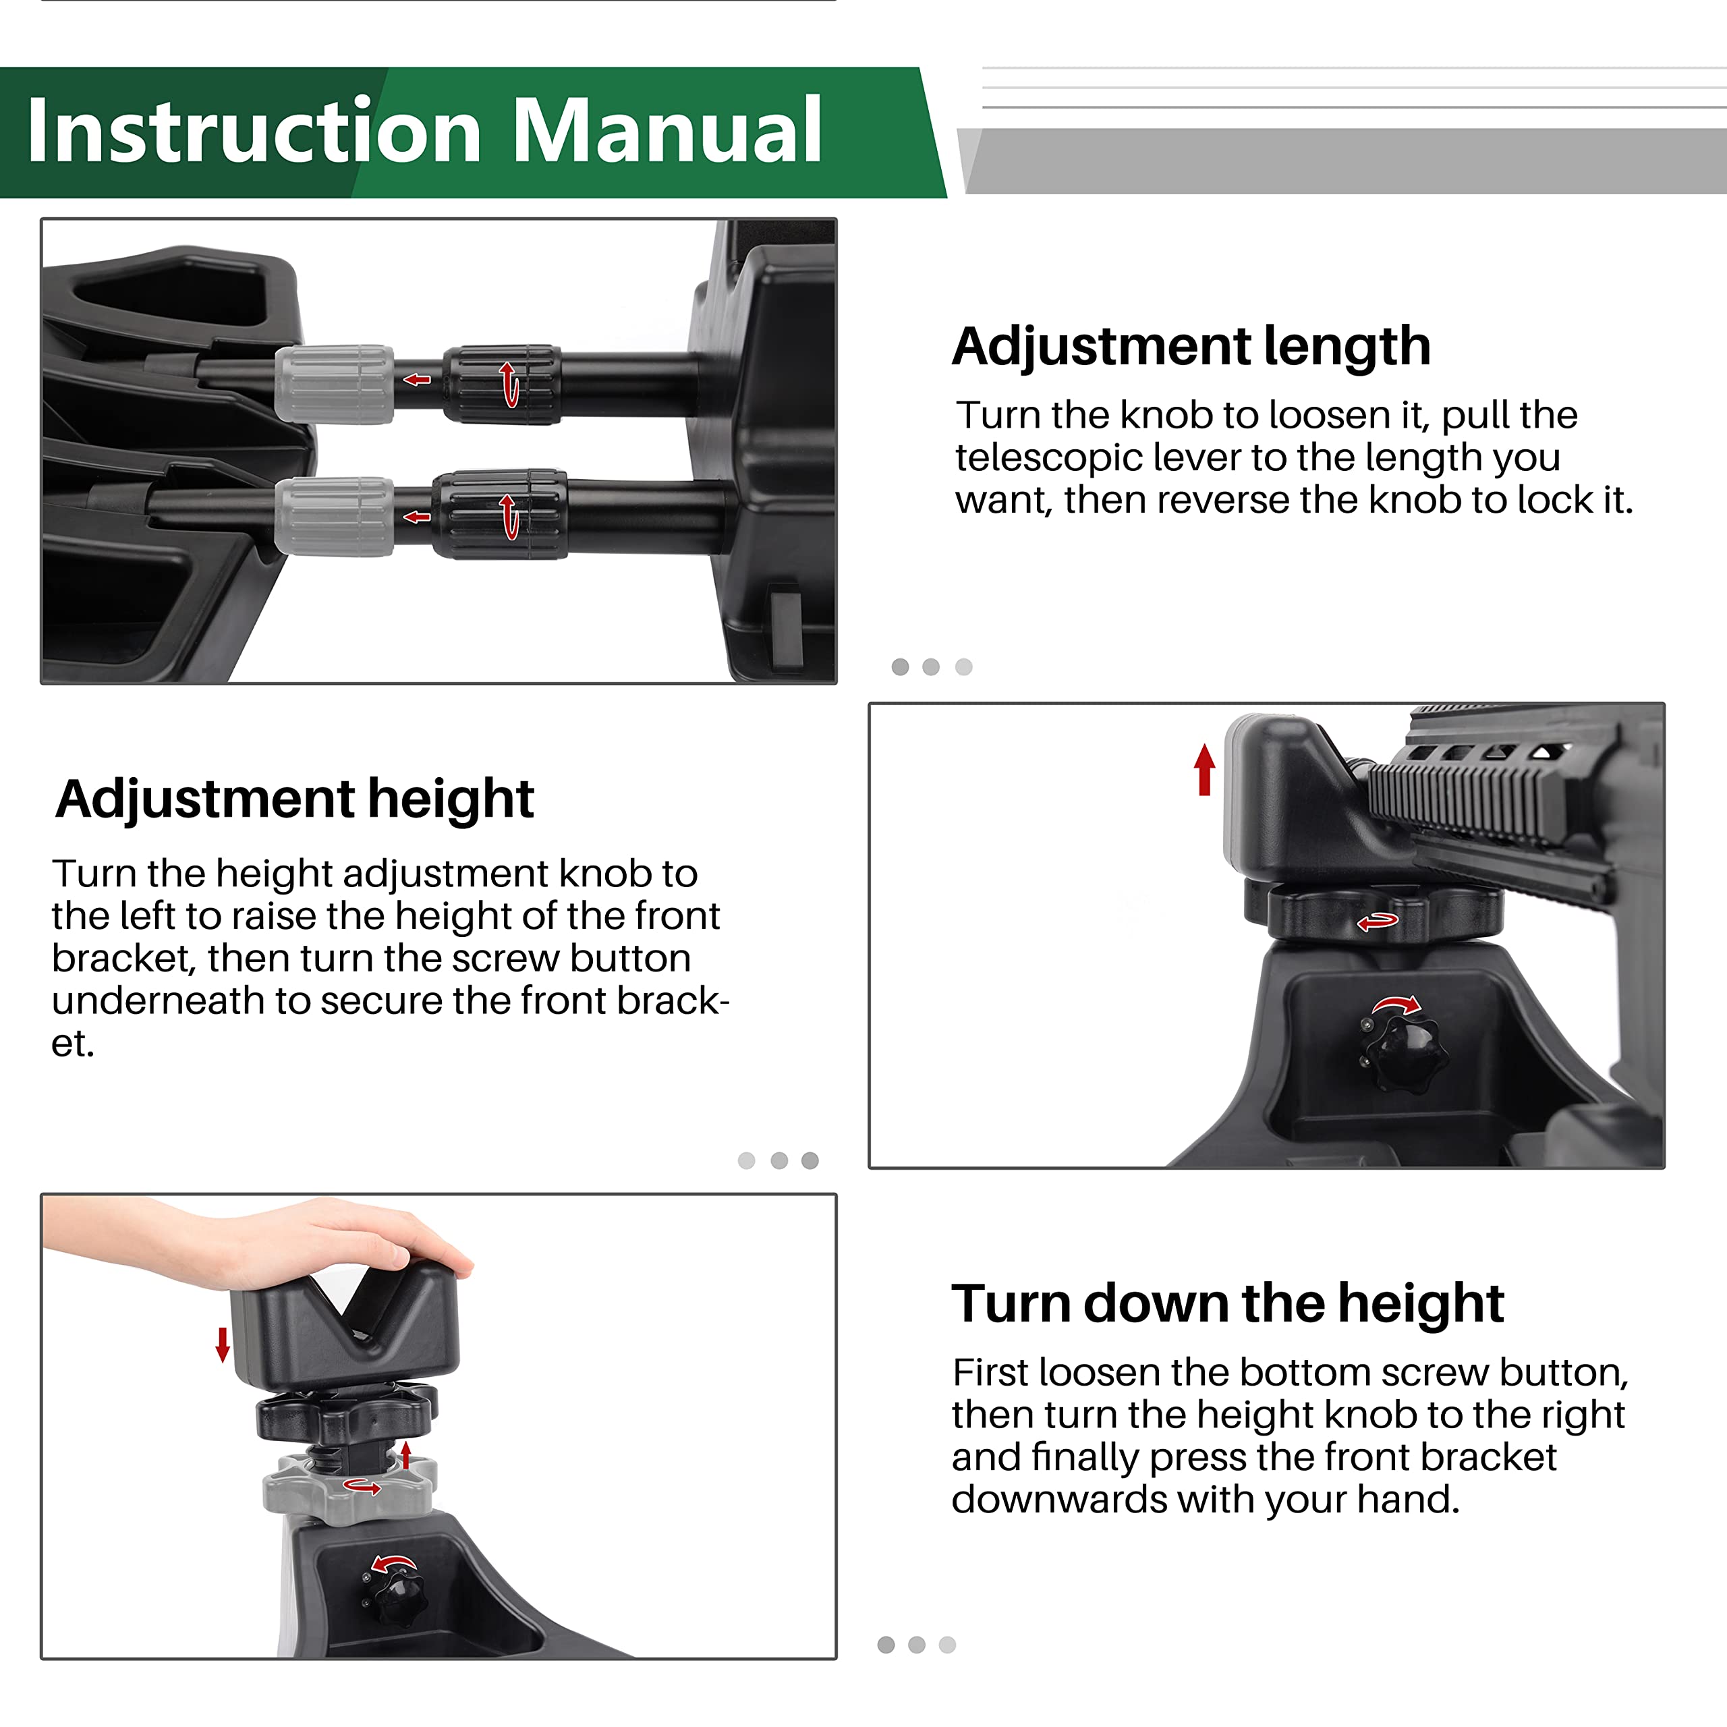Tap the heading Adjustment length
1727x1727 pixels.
click(1191, 347)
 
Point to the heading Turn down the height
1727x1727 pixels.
click(1227, 1303)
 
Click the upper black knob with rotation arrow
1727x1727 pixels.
click(503, 385)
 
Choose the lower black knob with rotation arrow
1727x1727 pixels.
click(500, 515)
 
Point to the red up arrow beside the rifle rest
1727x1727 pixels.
click(1204, 769)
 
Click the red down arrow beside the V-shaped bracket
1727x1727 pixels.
click(223, 1344)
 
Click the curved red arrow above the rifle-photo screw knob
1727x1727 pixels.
click(1397, 1004)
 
